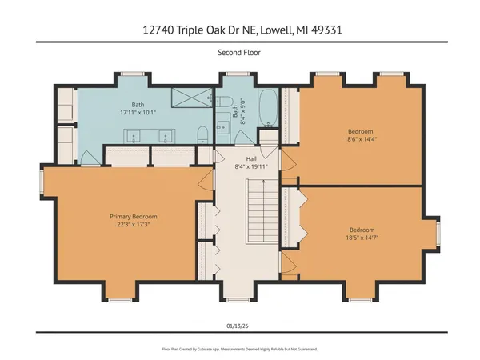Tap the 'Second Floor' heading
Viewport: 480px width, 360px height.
pos(240,54)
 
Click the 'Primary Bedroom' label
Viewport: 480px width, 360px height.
pos(133,217)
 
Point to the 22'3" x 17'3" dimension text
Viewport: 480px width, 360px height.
pos(133,226)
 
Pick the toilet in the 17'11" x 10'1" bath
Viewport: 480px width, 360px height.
pos(203,133)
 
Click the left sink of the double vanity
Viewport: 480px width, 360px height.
pos(132,134)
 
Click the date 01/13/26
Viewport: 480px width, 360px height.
pos(240,325)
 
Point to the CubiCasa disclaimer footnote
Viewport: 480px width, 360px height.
pos(240,349)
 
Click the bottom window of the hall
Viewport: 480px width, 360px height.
pos(247,299)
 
